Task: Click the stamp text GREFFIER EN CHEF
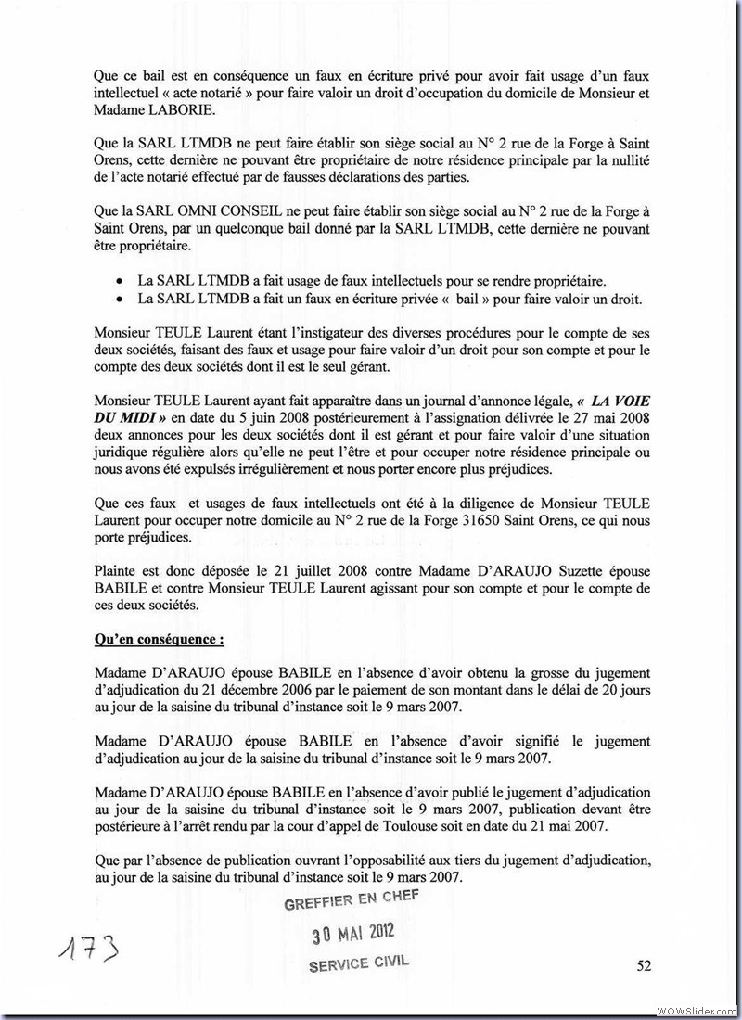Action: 352,898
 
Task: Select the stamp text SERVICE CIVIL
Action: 359,963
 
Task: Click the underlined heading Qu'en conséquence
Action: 159,640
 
